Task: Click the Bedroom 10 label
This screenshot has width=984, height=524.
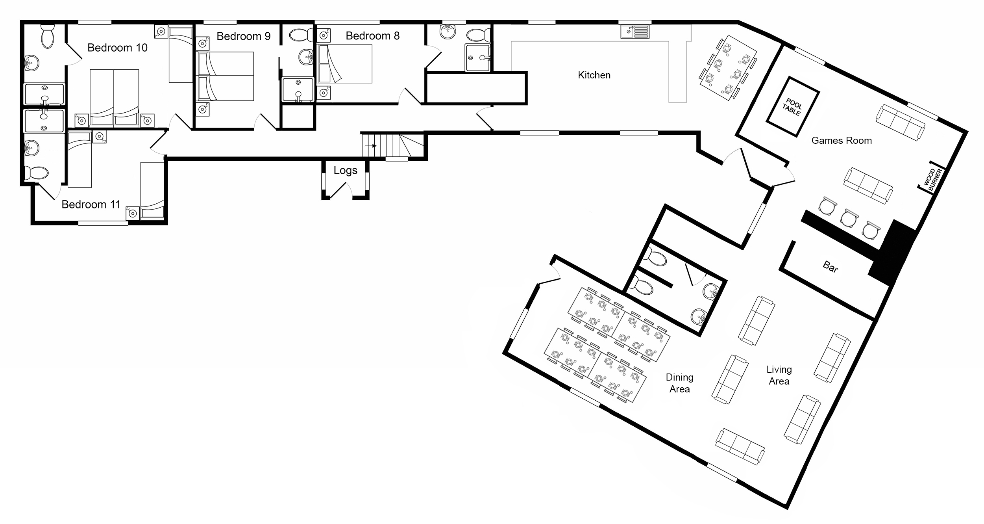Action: click(117, 48)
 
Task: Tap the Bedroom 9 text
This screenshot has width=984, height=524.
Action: click(244, 36)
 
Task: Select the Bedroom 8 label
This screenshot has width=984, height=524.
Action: click(372, 36)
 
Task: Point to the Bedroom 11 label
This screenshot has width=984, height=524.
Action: click(91, 204)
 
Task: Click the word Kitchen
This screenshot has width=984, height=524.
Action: click(594, 75)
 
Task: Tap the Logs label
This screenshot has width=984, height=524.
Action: click(345, 171)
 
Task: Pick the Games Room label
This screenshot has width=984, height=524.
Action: click(842, 141)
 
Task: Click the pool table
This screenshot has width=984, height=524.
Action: click(792, 107)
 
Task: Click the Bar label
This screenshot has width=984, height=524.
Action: click(830, 268)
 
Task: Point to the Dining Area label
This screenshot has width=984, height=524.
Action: click(679, 383)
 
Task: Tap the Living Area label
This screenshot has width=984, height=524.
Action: click(779, 375)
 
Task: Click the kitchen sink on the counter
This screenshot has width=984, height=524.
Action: click(635, 31)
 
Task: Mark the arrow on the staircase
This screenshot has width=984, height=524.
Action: click(371, 146)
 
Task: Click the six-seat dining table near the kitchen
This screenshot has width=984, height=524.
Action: click(728, 68)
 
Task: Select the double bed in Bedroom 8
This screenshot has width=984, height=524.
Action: click(344, 64)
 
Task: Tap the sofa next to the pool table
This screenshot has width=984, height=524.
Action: click(901, 123)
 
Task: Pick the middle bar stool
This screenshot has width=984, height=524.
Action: click(849, 218)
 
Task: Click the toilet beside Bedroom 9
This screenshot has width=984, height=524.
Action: click(301, 35)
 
